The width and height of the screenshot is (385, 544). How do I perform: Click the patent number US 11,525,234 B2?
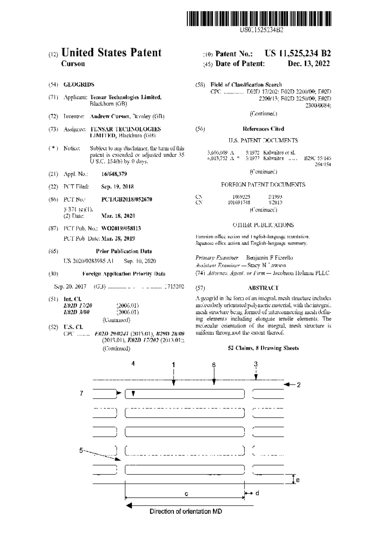click(x=297, y=54)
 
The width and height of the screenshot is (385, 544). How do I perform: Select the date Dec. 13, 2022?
click(x=309, y=63)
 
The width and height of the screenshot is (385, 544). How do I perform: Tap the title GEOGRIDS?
click(x=79, y=85)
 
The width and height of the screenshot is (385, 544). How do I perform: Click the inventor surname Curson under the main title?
click(x=73, y=63)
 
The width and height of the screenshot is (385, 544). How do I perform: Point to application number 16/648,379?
click(x=114, y=174)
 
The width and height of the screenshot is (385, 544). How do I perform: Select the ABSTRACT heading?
click(x=263, y=288)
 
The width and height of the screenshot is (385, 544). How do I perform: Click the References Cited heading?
click(x=263, y=129)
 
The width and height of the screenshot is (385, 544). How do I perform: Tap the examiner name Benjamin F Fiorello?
click(x=269, y=258)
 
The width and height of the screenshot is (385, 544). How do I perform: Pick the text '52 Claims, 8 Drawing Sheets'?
click(x=263, y=348)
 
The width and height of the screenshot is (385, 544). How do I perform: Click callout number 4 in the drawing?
click(x=133, y=363)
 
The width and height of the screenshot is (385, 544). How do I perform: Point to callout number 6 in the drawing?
click(x=214, y=365)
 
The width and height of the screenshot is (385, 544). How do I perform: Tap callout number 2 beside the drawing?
click(x=298, y=385)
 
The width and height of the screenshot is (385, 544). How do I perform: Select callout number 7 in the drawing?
click(x=81, y=393)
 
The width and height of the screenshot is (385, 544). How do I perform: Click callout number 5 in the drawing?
click(x=81, y=450)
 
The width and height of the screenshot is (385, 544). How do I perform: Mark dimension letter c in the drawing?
click(x=186, y=494)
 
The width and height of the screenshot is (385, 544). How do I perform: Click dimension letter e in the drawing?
click(x=298, y=480)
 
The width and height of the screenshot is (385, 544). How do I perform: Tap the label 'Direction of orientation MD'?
click(x=186, y=512)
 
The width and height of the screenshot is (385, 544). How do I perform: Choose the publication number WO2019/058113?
click(x=121, y=228)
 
